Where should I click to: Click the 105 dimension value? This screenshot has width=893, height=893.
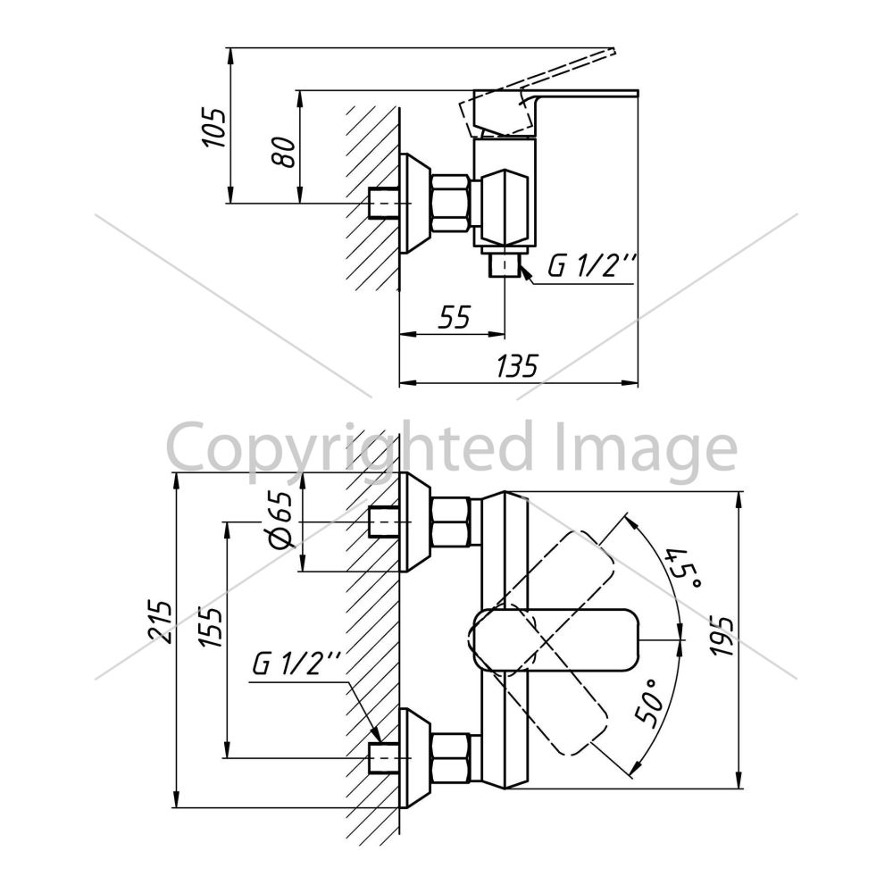point(214,127)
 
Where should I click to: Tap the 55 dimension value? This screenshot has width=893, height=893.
point(455,317)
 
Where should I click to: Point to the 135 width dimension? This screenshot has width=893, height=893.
point(517,366)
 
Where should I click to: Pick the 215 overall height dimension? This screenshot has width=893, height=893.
point(160,621)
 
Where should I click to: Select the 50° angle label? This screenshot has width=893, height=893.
point(652,703)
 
